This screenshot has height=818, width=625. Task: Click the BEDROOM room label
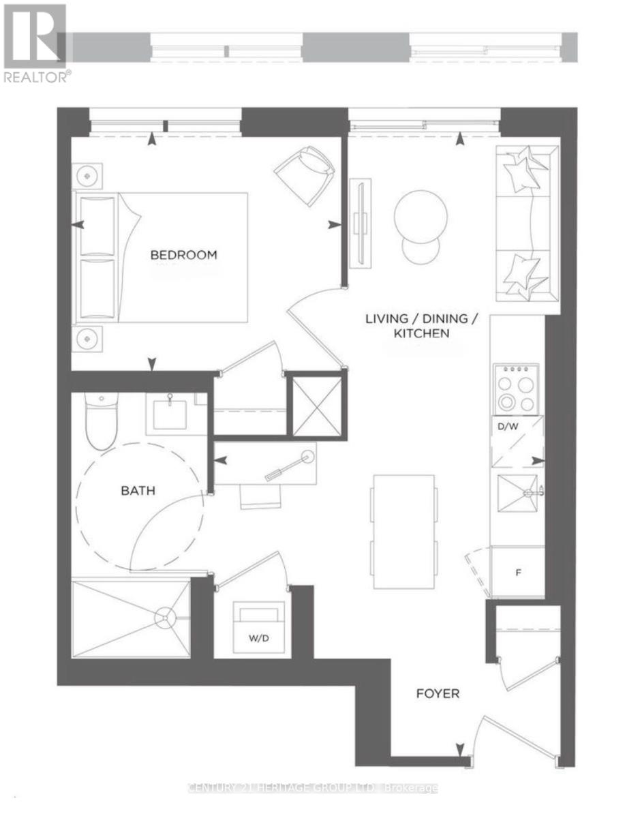pos(183,255)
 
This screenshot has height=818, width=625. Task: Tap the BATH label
pos(138,491)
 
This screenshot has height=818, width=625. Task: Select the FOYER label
pos(438,693)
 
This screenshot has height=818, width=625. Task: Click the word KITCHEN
pos(422,333)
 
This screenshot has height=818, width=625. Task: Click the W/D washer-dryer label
pos(258,638)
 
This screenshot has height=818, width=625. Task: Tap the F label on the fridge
pos(518,573)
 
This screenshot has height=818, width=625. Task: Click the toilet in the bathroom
pos(101,421)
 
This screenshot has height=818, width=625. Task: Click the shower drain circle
pos(165,618)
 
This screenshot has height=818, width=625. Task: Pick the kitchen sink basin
pos(517,494)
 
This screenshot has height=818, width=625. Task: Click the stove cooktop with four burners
pos(516,389)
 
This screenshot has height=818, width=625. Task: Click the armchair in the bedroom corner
pos(304,175)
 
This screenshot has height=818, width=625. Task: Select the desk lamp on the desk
pos(290,466)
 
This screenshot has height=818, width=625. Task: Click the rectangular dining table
pos(403,532)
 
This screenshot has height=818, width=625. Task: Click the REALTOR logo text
pos(36,77)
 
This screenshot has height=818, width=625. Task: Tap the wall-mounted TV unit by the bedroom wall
pos(360,222)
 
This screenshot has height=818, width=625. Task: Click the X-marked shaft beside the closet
pos(318,406)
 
